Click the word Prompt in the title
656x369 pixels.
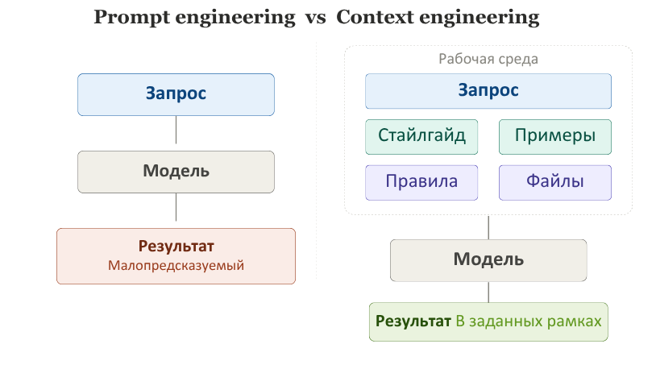coord(132,18)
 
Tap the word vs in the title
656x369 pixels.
coord(315,19)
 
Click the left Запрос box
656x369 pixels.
coord(176,94)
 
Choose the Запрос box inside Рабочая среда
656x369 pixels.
coord(488,91)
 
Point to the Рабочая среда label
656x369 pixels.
coord(488,59)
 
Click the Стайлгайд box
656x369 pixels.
coord(421,137)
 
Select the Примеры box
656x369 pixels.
coord(555,137)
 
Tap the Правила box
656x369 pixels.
coord(421,182)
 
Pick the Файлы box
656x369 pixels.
coord(555,182)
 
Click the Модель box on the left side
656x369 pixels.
coord(176,172)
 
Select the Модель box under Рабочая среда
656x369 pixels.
coord(488,260)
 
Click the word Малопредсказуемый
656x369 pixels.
coord(176,265)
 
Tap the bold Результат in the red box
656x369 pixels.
coord(176,246)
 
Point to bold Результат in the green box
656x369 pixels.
coord(413,321)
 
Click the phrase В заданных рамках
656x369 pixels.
coord(529,321)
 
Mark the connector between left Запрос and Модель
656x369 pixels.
coord(176,130)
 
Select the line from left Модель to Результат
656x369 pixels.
coord(176,207)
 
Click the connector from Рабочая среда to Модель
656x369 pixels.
coord(488,227)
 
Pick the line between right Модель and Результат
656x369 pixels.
coord(488,292)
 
